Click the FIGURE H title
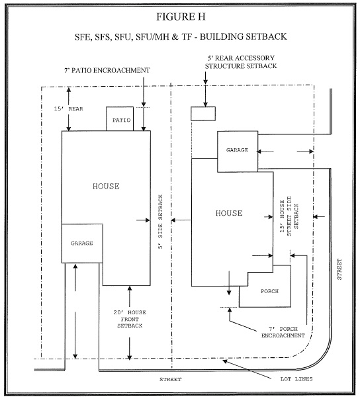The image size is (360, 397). pyautogui.click(x=181, y=17)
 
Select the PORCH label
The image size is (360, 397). pyautogui.click(x=269, y=291)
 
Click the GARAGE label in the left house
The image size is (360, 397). pyautogui.click(x=82, y=243)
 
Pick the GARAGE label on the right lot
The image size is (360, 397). pyautogui.click(x=237, y=150)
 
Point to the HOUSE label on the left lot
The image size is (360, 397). pyautogui.click(x=106, y=187)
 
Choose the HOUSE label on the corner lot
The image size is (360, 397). pyautogui.click(x=229, y=213)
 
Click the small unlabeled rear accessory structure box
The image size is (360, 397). pyautogui.click(x=203, y=114)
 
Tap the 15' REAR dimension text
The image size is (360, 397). pyautogui.click(x=69, y=109)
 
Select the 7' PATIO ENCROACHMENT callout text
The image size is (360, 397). pyautogui.click(x=107, y=70)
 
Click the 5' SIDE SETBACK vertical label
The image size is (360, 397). pyautogui.click(x=160, y=222)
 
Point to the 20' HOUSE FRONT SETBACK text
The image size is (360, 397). pyautogui.click(x=130, y=319)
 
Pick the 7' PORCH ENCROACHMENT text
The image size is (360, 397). pyautogui.click(x=283, y=332)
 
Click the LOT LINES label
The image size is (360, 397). pyautogui.click(x=296, y=379)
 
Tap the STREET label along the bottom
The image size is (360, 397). pyautogui.click(x=170, y=379)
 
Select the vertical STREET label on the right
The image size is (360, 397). pyautogui.click(x=339, y=269)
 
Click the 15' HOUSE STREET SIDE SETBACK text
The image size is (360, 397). pyautogui.click(x=289, y=216)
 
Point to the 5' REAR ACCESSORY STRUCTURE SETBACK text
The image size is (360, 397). pyautogui.click(x=241, y=62)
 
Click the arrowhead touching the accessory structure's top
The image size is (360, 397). pyautogui.click(x=206, y=104)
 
